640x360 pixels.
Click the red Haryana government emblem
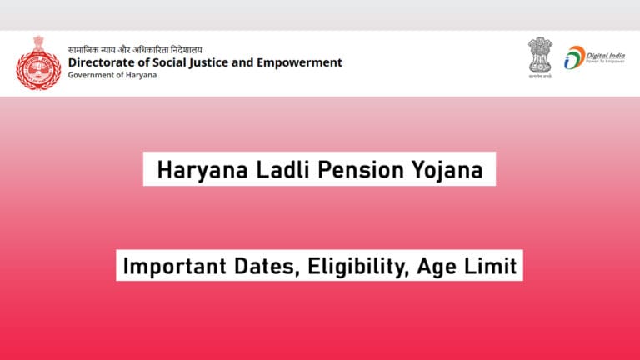37,62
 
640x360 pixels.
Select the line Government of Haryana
112,76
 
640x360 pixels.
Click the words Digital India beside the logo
603,52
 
